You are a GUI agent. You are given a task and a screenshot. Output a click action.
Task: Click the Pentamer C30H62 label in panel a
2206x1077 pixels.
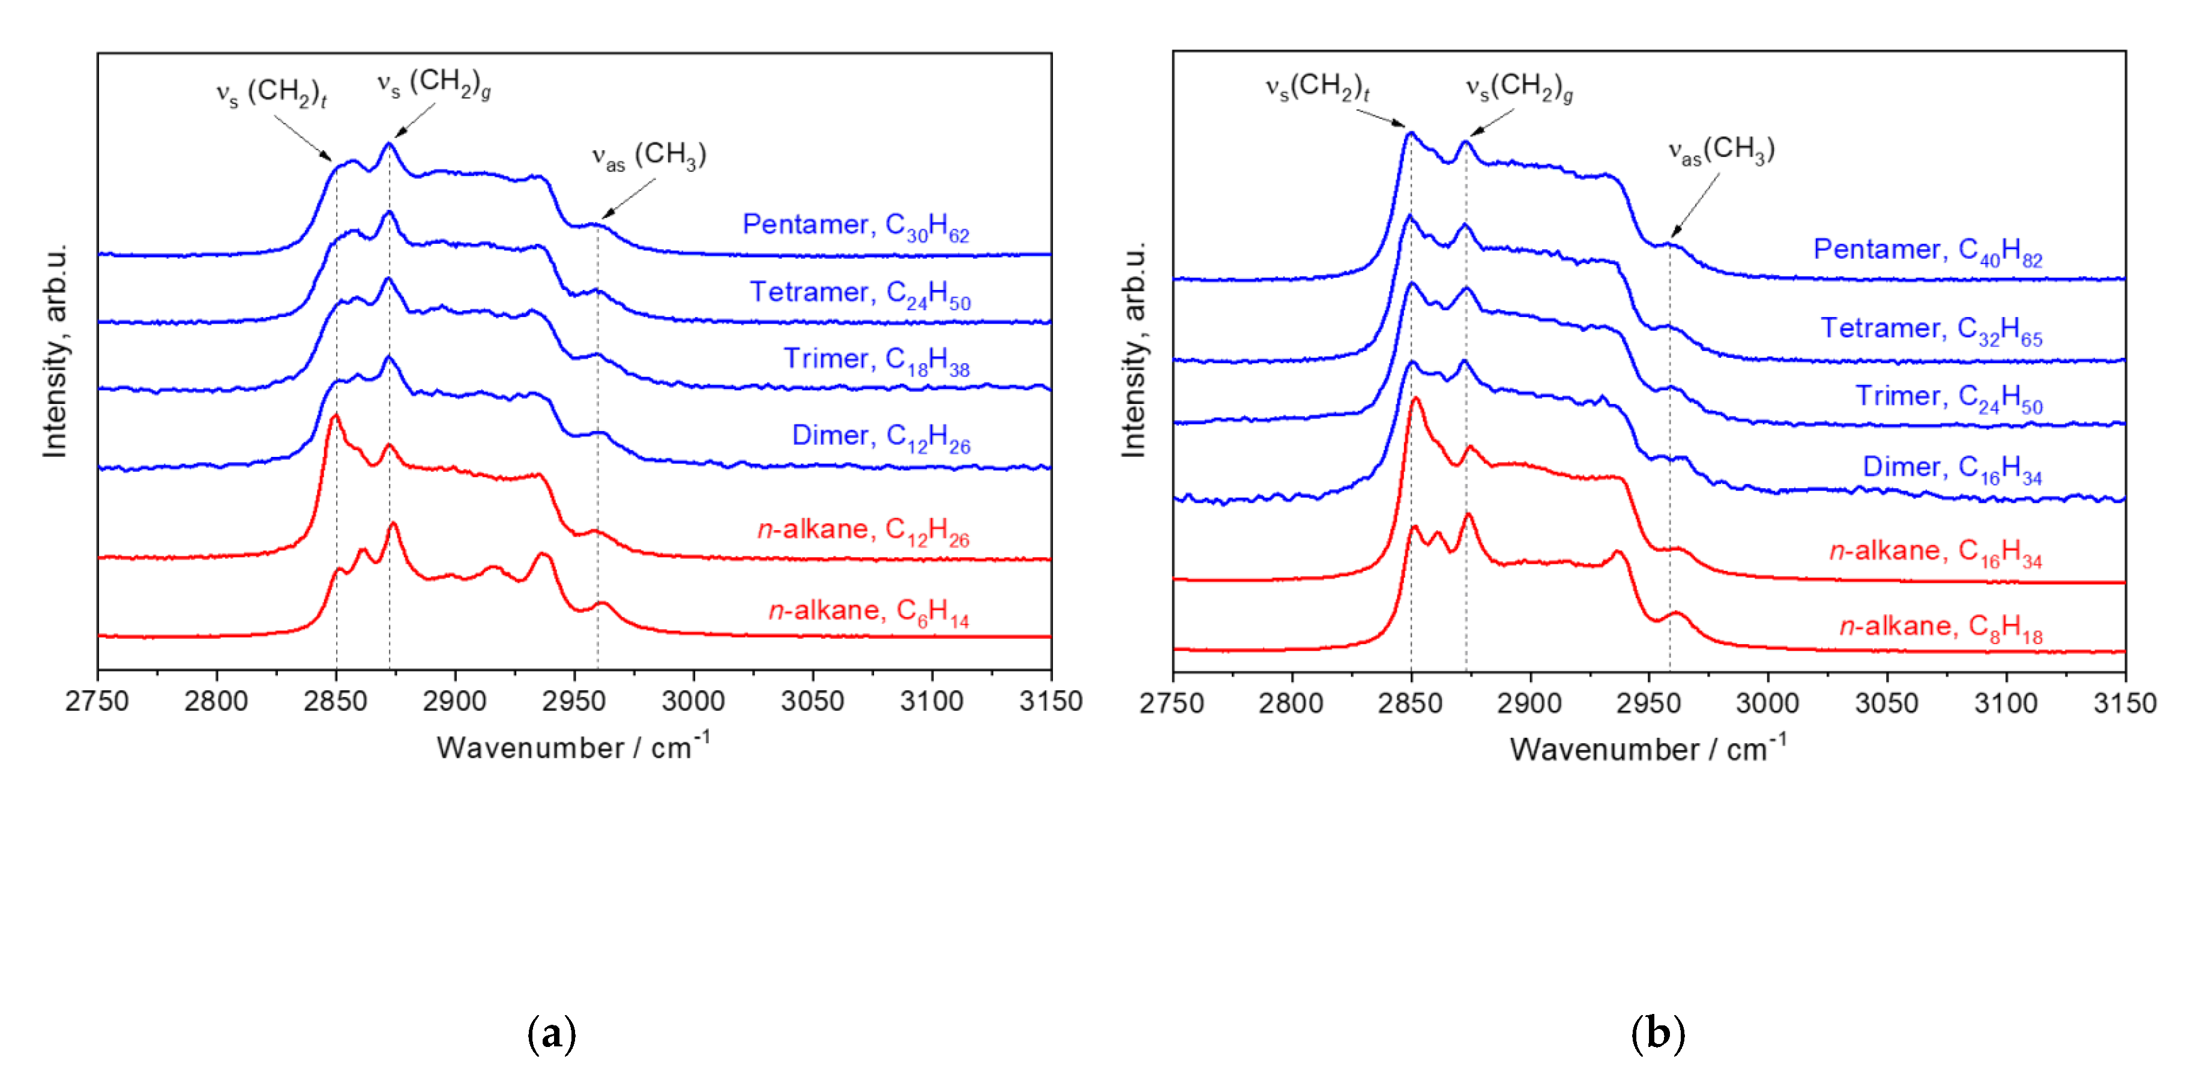pos(855,225)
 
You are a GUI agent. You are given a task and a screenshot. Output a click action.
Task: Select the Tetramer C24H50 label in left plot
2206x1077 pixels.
pos(859,294)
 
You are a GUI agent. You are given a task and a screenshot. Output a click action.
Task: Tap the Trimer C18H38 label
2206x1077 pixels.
pos(875,360)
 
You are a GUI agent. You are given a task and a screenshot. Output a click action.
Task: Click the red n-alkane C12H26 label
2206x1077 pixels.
pos(863,530)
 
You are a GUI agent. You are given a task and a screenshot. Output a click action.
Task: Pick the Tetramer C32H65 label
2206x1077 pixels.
pos(1930,329)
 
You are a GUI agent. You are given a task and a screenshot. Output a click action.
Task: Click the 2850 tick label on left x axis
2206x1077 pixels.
pos(335,701)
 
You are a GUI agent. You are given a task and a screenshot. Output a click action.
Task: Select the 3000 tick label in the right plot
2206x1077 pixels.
pos(1767,703)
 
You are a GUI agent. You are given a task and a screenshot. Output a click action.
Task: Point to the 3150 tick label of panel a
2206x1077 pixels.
pos(1050,701)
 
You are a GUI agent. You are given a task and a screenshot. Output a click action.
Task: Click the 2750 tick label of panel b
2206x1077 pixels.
pos(1172,703)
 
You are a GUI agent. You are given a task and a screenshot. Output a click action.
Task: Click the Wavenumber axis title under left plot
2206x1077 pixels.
pos(572,747)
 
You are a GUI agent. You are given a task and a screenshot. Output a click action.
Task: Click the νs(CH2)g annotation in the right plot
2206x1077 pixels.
pos(1518,86)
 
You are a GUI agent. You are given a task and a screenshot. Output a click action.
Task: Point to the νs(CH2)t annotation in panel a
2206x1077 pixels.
pos(271,92)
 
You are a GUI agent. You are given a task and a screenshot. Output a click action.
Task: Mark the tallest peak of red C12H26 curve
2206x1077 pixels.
pos(335,416)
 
